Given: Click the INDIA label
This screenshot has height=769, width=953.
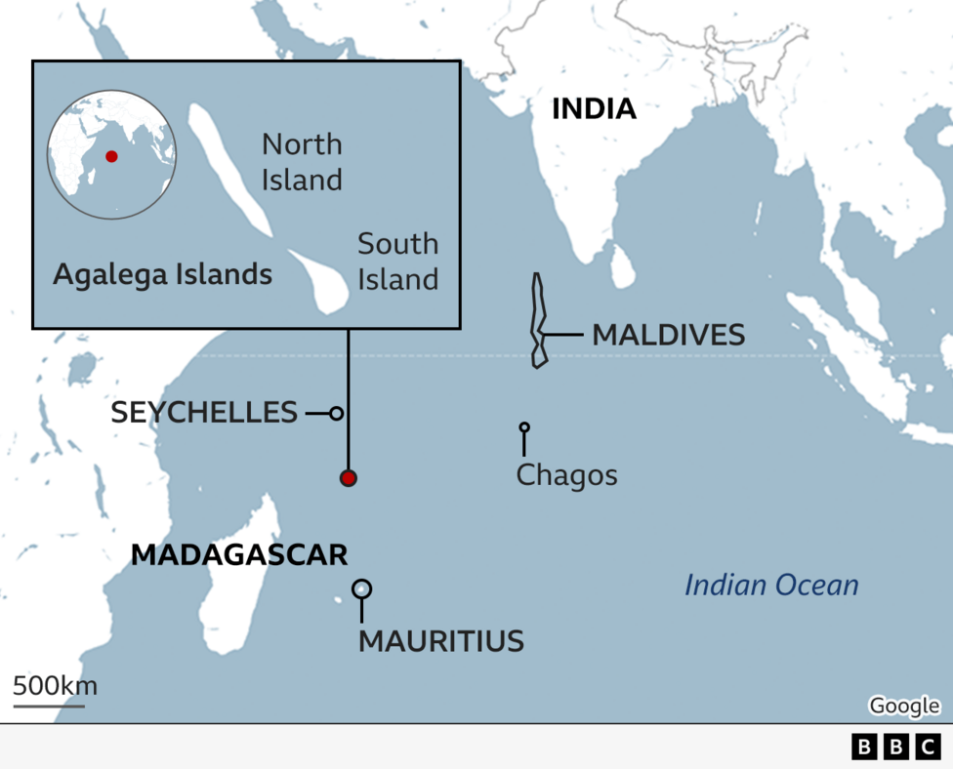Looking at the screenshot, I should point(594,108).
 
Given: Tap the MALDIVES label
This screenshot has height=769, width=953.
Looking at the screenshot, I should point(668,335).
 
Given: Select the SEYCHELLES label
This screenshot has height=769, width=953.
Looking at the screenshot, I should point(204,412).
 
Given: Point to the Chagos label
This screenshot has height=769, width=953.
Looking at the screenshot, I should point(566,475).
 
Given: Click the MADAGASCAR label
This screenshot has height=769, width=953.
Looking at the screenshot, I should point(239,555).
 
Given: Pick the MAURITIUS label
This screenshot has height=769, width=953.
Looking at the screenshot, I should point(441,641).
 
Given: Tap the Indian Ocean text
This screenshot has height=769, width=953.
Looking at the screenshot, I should point(771,586).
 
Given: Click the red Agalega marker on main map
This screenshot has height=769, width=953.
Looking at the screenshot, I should point(348,478).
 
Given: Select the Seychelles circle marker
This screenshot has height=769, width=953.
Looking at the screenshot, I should point(336,413).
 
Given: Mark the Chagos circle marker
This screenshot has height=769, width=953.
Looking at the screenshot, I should point(524,427).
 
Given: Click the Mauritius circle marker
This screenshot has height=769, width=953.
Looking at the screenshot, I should point(361,588).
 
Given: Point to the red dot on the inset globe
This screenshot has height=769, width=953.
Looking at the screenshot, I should point(111,156).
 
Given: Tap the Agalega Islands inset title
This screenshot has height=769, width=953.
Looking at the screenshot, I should point(162,275).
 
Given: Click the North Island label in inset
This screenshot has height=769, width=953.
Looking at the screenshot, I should point(302,162).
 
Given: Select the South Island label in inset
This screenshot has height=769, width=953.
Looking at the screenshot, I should point(397,262).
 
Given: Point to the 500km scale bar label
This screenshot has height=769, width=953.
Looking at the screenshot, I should point(55,686).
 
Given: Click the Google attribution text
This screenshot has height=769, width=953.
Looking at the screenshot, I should point(903,706).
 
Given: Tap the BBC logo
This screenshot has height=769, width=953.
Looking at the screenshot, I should point(896,747).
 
